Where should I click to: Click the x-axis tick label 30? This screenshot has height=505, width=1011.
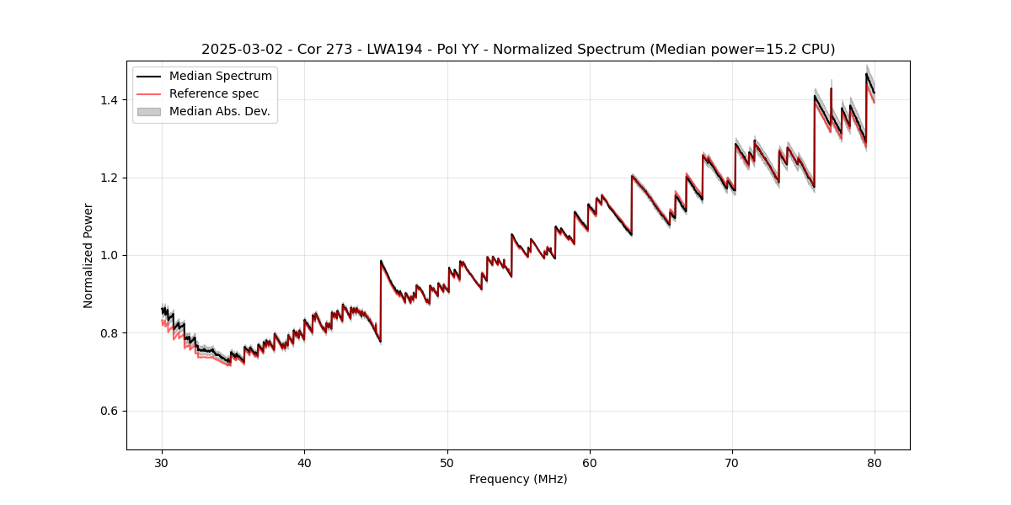point(162,462)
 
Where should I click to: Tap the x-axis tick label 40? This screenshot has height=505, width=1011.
point(304,462)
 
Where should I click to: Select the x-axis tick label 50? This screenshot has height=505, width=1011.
point(447,462)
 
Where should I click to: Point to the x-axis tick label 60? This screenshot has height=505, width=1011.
point(590,462)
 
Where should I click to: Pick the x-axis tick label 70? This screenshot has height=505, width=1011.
point(732,462)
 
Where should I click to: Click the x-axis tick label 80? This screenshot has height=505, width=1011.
point(875,462)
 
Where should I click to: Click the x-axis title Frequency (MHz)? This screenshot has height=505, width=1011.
point(518,479)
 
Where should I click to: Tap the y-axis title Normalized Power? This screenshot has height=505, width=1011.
point(88,255)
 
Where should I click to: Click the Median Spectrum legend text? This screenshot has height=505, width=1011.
point(221,77)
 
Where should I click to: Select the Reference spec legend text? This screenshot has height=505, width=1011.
point(214,94)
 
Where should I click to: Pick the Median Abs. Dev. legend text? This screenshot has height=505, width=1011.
point(220,111)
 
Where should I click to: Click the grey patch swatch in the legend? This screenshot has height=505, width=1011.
point(148,111)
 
